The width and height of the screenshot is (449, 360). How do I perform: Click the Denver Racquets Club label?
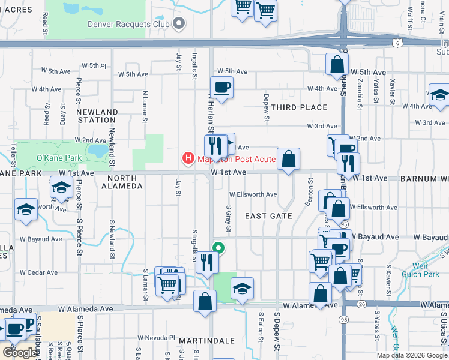pyautogui.click(x=128, y=24)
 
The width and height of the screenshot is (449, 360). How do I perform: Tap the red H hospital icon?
pyautogui.click(x=188, y=158)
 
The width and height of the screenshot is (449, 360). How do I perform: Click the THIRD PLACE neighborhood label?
pyautogui.click(x=299, y=107)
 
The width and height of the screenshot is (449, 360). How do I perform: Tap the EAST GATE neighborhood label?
pyautogui.click(x=268, y=216)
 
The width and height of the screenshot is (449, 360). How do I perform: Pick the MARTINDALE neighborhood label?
pyautogui.click(x=206, y=341)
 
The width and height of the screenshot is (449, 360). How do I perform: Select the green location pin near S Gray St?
pyautogui.click(x=219, y=247)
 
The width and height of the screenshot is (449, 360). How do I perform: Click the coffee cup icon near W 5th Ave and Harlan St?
pyautogui.click(x=221, y=88)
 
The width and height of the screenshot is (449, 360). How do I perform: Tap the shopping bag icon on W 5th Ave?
pyautogui.click(x=337, y=64)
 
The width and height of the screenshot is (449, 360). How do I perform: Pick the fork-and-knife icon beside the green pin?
pyautogui.click(x=206, y=262)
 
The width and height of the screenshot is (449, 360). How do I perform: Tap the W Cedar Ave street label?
pyautogui.click(x=40, y=272)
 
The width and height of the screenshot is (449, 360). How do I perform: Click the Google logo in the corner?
pyautogui.click(x=20, y=353)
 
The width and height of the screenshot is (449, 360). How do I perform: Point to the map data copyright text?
pyautogui.click(x=412, y=355)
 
